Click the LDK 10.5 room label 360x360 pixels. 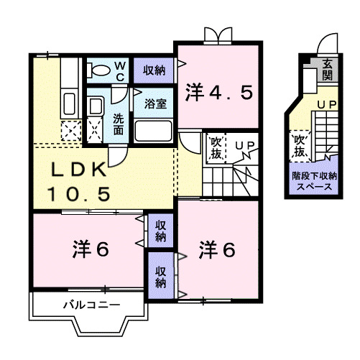79,181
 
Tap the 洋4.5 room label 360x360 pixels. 219,92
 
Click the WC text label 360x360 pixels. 120,70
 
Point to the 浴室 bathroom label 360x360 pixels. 155,103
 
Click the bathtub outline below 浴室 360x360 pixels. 153,131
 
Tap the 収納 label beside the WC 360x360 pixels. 153,70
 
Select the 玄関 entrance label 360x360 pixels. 328,70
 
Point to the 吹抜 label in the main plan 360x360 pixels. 216,147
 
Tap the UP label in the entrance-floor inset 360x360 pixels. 328,105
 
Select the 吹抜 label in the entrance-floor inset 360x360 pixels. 300,146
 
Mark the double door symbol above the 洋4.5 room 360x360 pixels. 218,34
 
